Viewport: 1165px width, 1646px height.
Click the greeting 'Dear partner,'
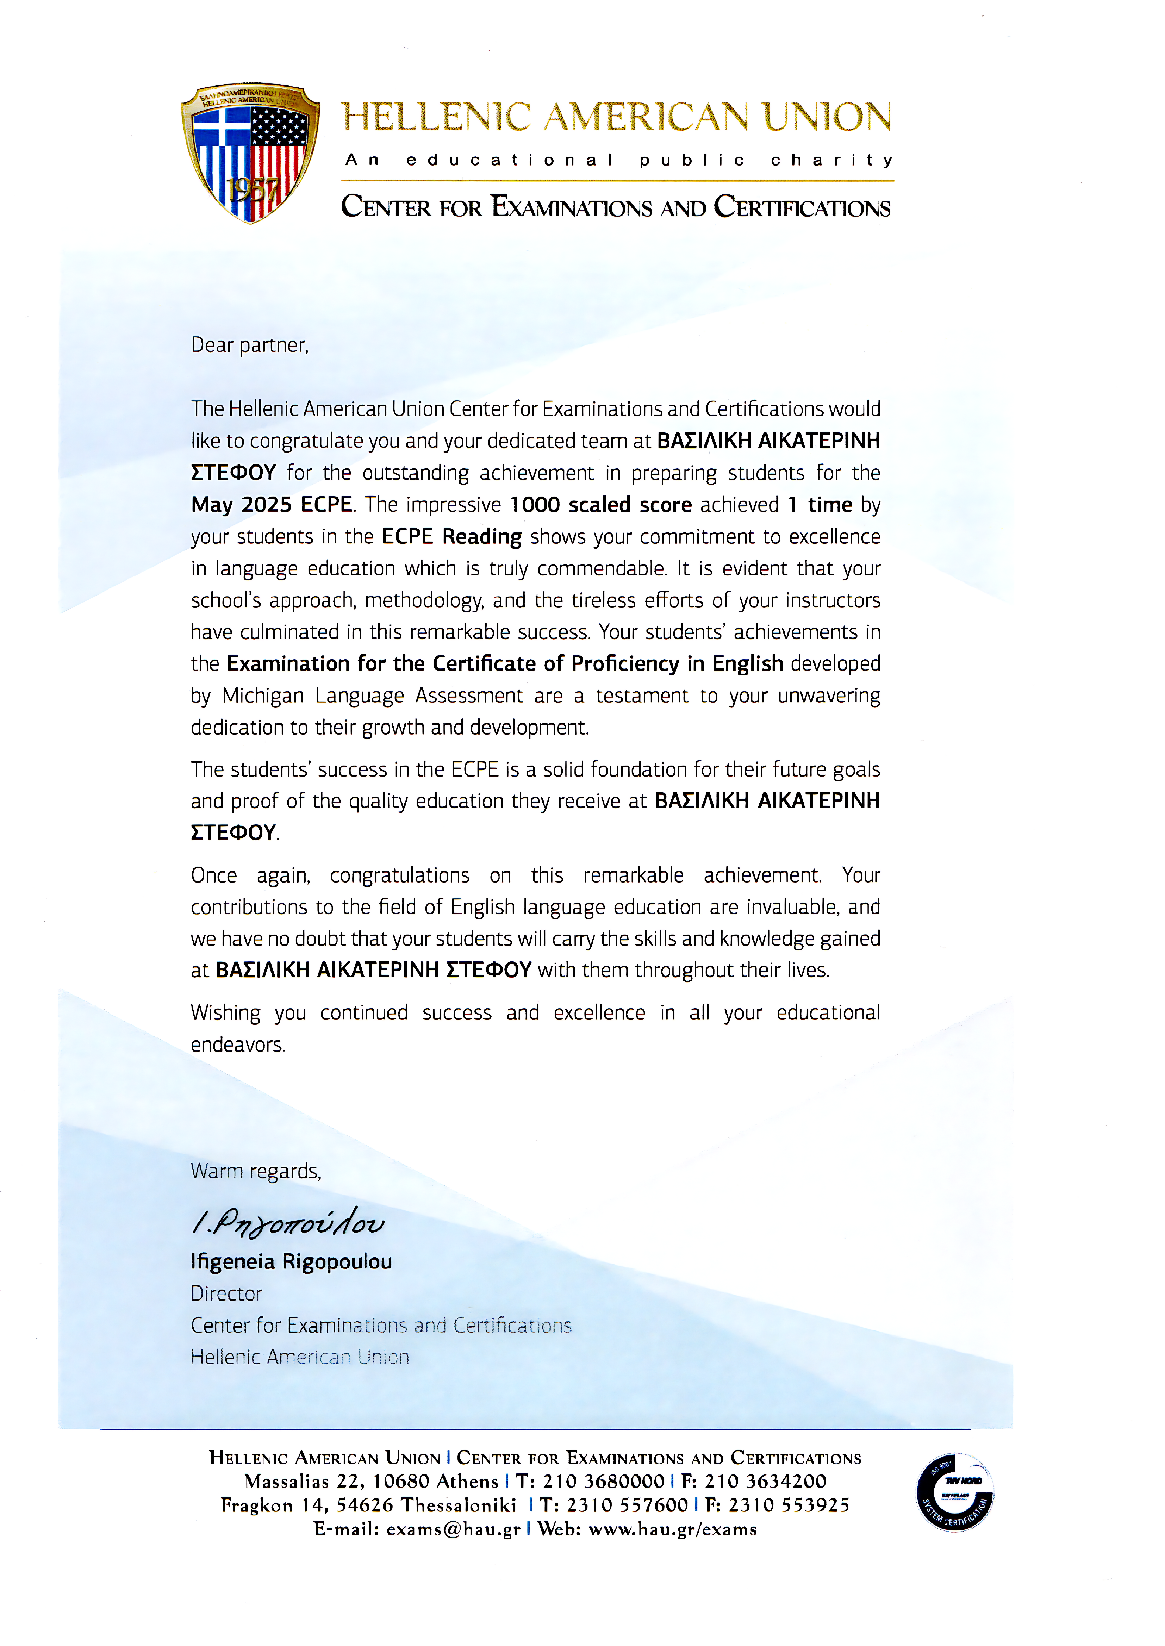tap(250, 346)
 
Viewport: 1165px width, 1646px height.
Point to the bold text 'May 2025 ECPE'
tap(271, 505)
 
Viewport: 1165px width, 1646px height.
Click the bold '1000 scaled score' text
tap(600, 505)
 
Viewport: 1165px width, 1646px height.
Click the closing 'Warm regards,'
tap(255, 1171)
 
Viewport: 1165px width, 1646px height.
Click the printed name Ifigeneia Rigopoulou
tap(291, 1261)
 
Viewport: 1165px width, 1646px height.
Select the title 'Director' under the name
tap(227, 1294)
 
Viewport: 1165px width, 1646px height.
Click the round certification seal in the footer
tap(955, 1492)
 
